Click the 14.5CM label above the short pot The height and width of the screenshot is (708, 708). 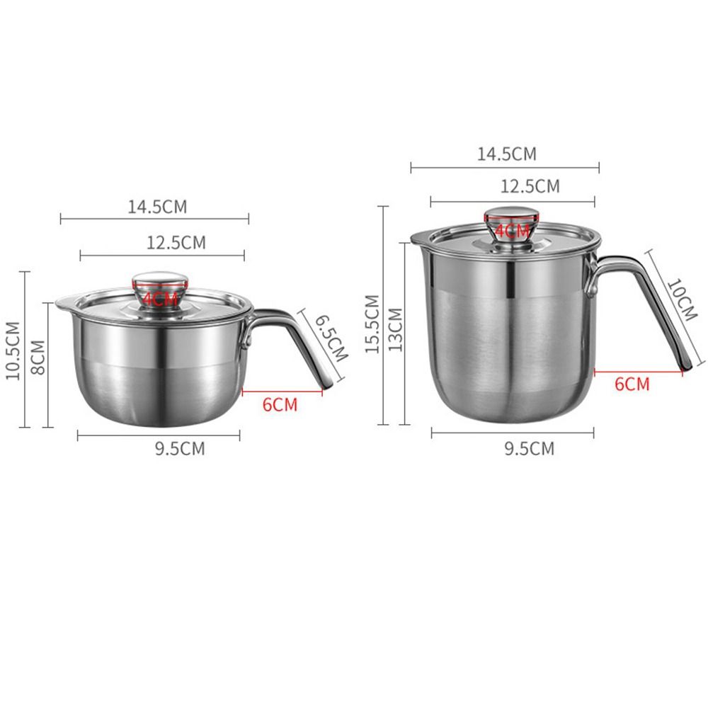click(157, 207)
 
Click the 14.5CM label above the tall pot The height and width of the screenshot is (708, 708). click(506, 154)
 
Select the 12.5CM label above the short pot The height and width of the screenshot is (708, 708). click(176, 243)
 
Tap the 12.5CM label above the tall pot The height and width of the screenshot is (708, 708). click(530, 186)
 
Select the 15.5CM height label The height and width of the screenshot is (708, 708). click(370, 317)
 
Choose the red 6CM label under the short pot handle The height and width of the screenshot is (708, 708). click(280, 405)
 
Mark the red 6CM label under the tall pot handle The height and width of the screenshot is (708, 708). click(632, 384)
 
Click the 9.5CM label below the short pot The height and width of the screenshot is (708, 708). click(180, 449)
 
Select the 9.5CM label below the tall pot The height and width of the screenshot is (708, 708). click(530, 448)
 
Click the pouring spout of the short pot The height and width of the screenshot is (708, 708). click(62, 304)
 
